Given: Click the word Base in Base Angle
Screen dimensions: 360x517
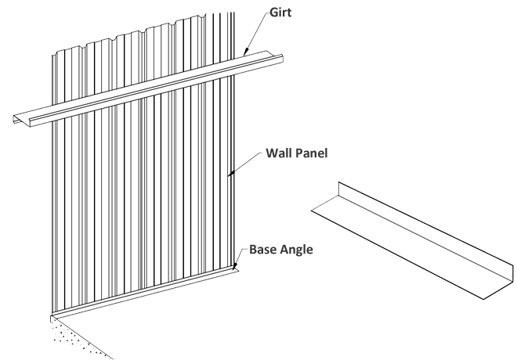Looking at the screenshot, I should [267, 250].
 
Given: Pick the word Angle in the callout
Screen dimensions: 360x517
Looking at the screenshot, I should [307, 251].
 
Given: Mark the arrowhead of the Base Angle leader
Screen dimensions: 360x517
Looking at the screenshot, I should [235, 268].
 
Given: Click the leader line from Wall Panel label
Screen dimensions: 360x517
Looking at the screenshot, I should [243, 164].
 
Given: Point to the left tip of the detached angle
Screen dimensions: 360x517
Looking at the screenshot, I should [313, 210].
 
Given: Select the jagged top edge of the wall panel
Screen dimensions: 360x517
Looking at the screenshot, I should [141, 31].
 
